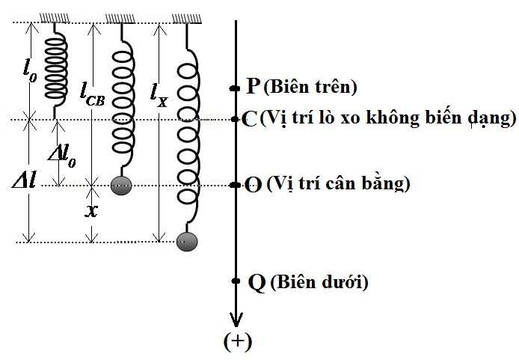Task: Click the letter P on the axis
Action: click(x=254, y=85)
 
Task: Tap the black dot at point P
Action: click(x=235, y=88)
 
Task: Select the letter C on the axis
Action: click(x=250, y=119)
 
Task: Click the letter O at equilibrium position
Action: click(x=254, y=184)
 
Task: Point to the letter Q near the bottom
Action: click(x=257, y=283)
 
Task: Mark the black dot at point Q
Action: click(x=236, y=281)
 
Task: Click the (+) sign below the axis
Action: click(x=238, y=341)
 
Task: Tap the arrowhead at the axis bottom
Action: click(x=236, y=320)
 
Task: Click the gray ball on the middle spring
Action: click(x=121, y=185)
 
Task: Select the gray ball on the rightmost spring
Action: click(x=187, y=242)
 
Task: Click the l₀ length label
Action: click(x=30, y=72)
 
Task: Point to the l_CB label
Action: click(x=93, y=95)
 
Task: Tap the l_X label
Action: click(x=159, y=96)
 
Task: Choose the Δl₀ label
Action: click(x=62, y=156)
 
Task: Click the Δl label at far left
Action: click(x=24, y=181)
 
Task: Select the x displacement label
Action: click(x=91, y=210)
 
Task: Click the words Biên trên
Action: click(x=310, y=87)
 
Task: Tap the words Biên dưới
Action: click(x=319, y=282)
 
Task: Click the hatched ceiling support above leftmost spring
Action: click(x=55, y=18)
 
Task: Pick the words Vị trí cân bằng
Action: click(x=338, y=183)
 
